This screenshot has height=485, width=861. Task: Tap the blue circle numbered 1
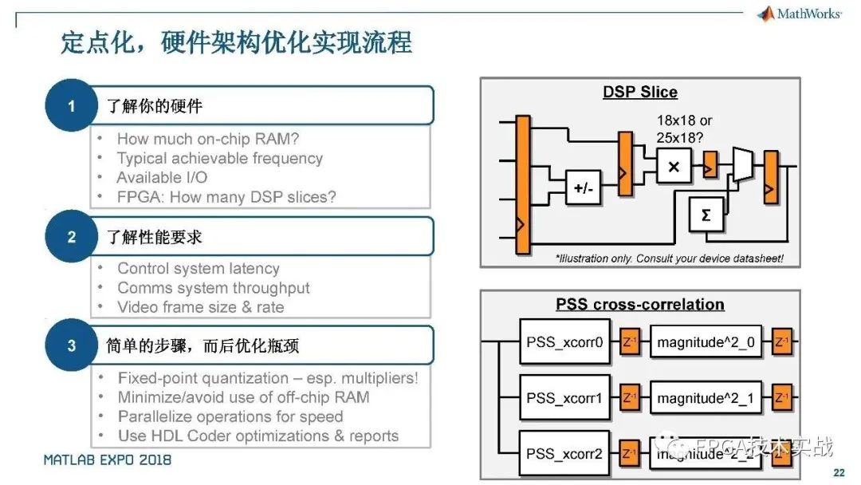(71, 105)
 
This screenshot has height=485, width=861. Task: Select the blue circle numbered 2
(71, 237)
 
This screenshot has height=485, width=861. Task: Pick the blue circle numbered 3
(71, 345)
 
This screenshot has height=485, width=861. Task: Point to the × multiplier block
(674, 167)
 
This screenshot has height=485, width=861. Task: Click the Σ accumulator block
(706, 215)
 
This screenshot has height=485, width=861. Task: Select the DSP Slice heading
(639, 92)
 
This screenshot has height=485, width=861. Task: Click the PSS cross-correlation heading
(639, 304)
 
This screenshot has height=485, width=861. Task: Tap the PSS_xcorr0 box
(564, 342)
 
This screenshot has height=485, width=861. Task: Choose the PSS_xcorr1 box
(564, 398)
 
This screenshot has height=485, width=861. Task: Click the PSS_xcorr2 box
(564, 454)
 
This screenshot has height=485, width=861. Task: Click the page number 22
(839, 473)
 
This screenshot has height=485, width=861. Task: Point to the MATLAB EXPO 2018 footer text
(107, 460)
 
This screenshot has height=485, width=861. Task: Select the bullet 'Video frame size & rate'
(200, 307)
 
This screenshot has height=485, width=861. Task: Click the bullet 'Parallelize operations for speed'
(230, 416)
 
